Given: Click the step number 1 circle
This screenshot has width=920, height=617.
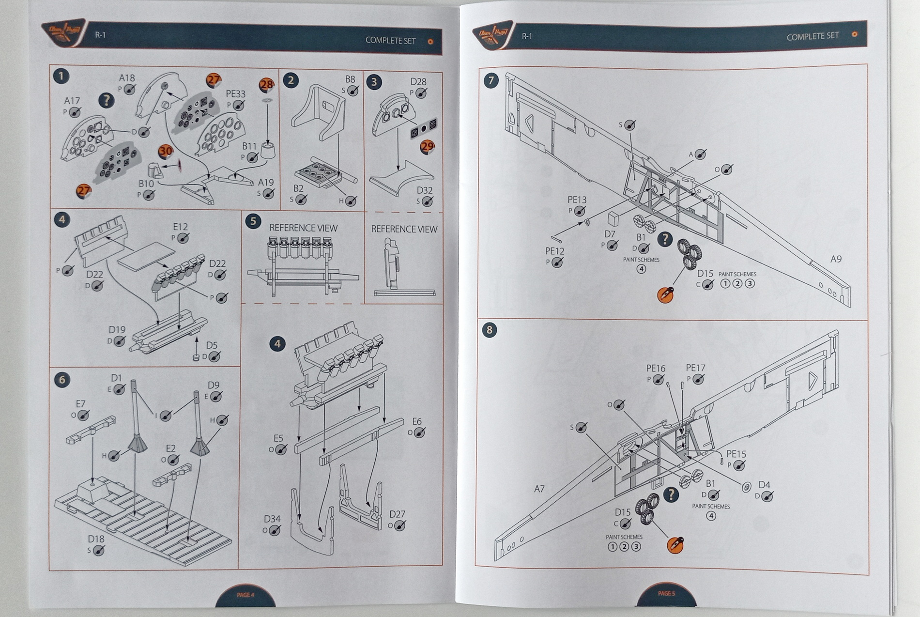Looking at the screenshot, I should [61, 77].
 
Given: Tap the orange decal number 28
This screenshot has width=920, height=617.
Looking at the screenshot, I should [267, 85].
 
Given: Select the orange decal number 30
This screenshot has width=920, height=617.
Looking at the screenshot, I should [166, 151].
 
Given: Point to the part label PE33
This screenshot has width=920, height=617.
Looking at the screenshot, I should [235, 94].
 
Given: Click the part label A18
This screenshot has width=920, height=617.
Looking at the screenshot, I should [127, 78].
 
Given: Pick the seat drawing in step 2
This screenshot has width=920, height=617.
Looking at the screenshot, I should [318, 112].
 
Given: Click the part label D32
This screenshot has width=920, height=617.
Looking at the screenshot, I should [424, 191].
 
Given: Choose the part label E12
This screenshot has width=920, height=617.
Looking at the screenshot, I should [180, 227].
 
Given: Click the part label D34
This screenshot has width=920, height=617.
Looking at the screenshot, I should [272, 519].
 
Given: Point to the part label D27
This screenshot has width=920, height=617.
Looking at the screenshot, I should [397, 514].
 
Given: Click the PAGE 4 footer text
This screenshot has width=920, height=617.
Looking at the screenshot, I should [245, 595].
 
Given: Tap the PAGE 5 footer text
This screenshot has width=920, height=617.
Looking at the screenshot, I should [666, 593].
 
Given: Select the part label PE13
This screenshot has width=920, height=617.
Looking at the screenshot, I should [577, 200].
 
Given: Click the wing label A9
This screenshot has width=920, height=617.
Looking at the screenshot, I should [836, 259].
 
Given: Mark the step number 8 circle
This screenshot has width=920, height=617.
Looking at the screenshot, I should [490, 330].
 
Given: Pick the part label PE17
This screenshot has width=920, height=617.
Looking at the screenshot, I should [695, 369].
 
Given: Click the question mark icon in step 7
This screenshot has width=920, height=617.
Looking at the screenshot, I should [665, 239].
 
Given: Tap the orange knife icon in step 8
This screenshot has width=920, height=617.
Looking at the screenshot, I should [675, 545].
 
